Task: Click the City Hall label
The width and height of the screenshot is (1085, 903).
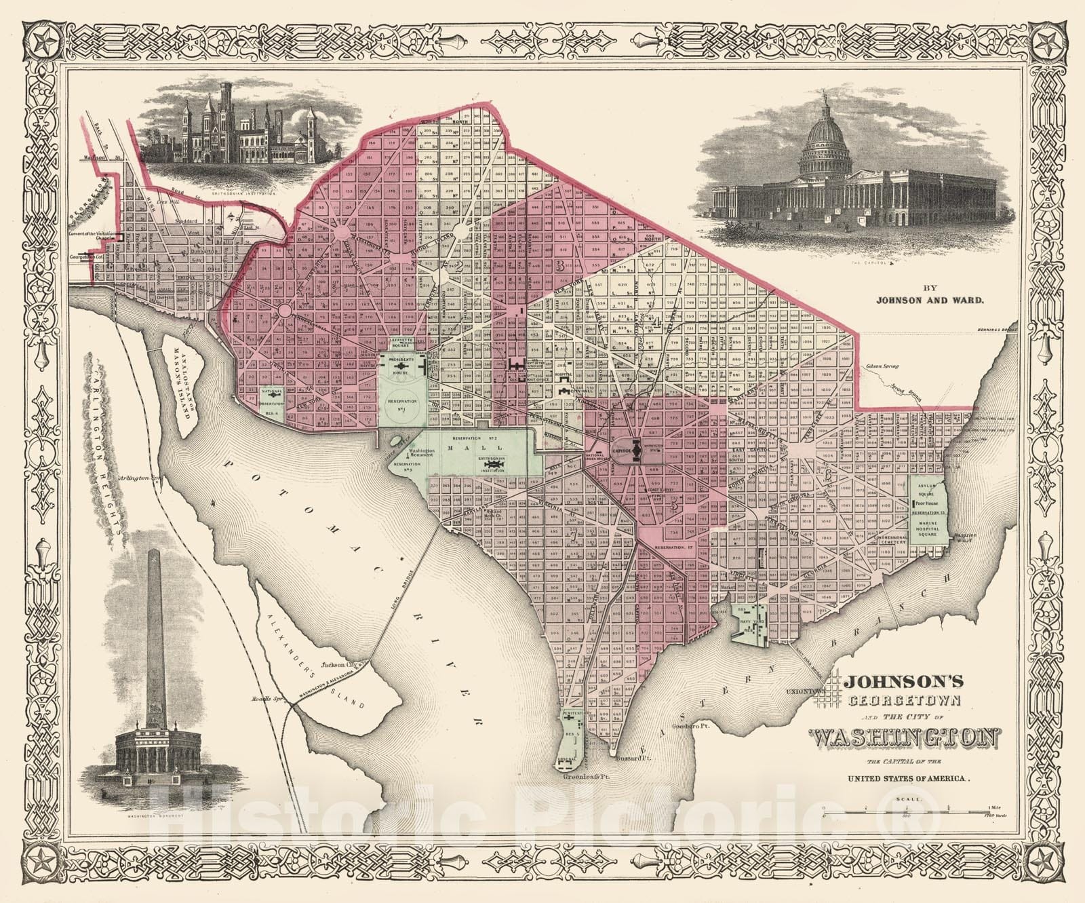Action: pyautogui.click(x=576, y=394)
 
